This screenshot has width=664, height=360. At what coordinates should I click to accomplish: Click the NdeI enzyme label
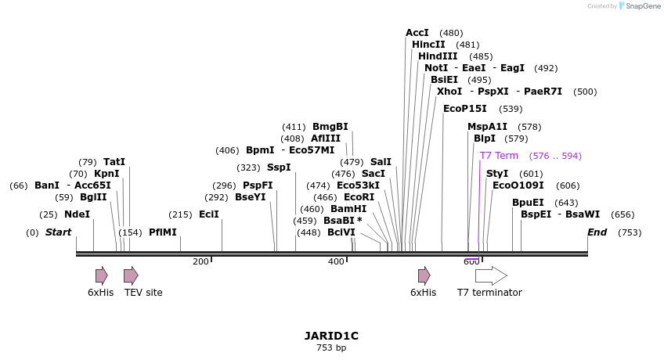click(x=77, y=214)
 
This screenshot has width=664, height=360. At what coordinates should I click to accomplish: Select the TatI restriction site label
click(x=114, y=162)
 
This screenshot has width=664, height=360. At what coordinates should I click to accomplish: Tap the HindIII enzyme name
click(x=438, y=56)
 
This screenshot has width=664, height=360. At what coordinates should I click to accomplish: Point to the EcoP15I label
click(x=464, y=109)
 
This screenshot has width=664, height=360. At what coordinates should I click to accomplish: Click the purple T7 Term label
click(x=499, y=156)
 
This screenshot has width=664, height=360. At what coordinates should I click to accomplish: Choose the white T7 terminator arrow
click(x=491, y=275)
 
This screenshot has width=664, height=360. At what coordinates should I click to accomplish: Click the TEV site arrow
click(x=131, y=275)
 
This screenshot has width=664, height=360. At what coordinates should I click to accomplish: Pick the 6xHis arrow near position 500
click(x=424, y=275)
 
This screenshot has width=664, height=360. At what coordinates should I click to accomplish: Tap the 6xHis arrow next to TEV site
click(x=102, y=275)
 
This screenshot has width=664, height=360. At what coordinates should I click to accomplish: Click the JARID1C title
click(x=331, y=336)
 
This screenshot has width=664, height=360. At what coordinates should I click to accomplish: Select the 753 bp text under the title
click(x=331, y=347)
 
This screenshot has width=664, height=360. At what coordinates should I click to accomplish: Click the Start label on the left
click(x=58, y=232)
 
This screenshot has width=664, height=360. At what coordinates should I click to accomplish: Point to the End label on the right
click(x=597, y=232)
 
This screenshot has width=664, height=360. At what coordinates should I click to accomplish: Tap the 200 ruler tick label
click(x=200, y=261)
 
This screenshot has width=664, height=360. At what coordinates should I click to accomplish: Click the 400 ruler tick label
click(x=336, y=261)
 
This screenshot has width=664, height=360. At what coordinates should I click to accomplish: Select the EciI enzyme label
click(x=209, y=214)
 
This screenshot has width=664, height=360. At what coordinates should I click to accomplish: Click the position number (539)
click(x=511, y=110)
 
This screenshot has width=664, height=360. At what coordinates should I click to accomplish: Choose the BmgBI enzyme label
click(x=330, y=127)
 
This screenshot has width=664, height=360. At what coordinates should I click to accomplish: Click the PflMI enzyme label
click(x=163, y=232)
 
